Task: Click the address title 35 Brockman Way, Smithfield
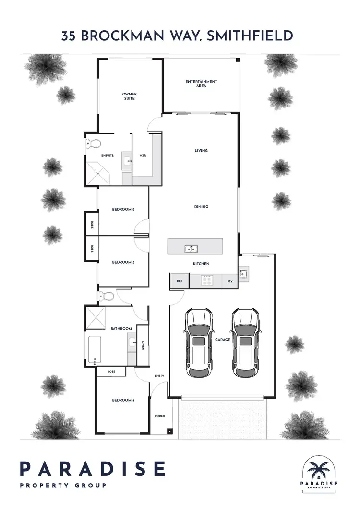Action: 180,36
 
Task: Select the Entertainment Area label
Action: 201,83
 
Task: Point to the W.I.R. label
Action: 143,155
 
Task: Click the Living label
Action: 201,151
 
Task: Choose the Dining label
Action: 201,207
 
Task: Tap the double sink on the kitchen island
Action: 191,249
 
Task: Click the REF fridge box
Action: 180,281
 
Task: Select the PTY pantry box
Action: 230,281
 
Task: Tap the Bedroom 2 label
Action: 123,210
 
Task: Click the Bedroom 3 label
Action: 123,262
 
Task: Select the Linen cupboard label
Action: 143,345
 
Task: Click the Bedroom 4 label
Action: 123,400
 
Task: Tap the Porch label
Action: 160,416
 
